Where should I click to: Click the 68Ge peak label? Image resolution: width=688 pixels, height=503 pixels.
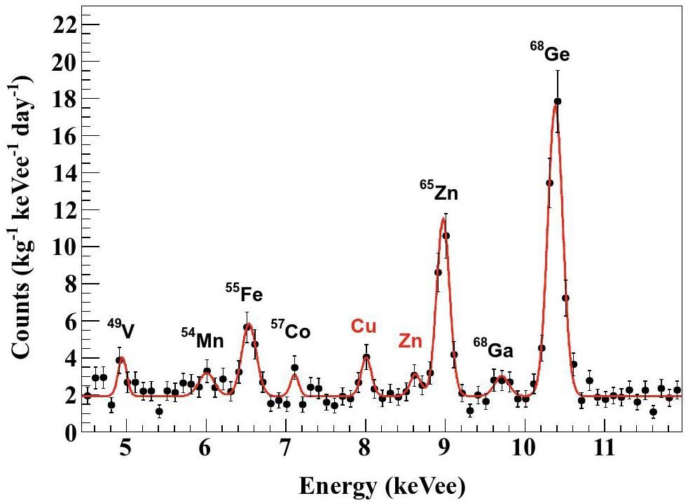(550, 54)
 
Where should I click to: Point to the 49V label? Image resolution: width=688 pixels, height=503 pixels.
(121, 329)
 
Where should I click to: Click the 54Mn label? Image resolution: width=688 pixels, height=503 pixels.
(202, 339)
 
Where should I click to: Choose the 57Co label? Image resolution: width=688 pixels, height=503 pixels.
(291, 330)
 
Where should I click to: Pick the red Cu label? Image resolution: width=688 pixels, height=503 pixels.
(364, 326)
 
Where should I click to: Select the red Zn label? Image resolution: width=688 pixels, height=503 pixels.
(411, 341)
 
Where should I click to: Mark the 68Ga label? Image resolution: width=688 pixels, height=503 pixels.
(493, 349)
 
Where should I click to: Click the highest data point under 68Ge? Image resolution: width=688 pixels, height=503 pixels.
(558, 102)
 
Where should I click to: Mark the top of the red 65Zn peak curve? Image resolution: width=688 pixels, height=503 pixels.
(443, 218)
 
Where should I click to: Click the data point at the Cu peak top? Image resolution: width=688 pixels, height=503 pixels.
(366, 357)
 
